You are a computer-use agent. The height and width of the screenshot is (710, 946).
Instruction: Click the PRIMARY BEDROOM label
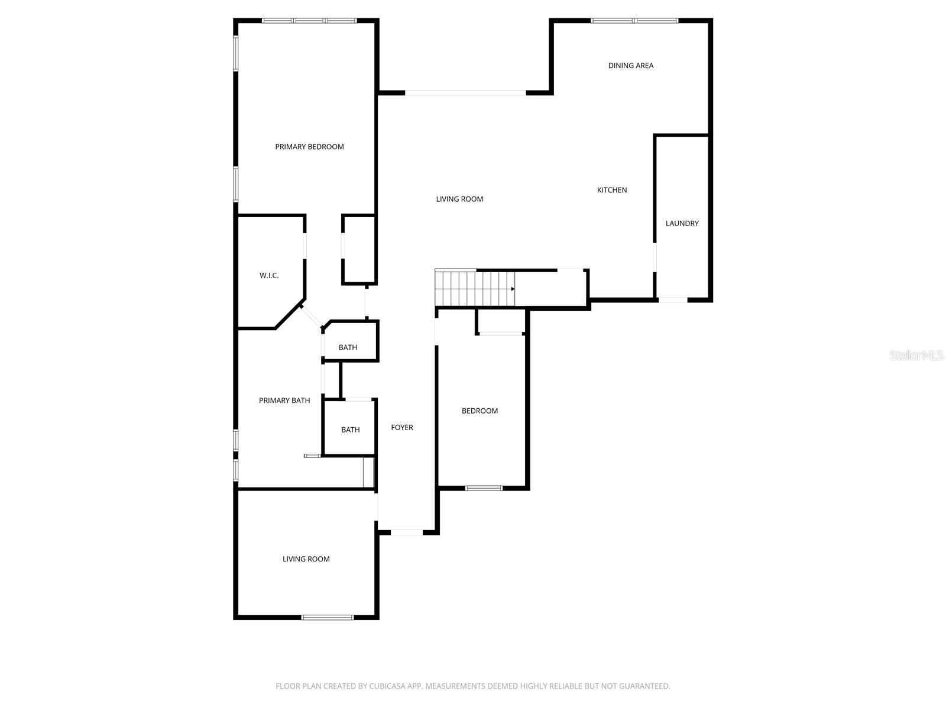pyautogui.click(x=309, y=147)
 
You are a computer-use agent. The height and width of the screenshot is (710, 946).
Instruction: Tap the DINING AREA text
pyautogui.click(x=630, y=66)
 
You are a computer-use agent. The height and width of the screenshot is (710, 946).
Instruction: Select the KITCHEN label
pyautogui.click(x=611, y=190)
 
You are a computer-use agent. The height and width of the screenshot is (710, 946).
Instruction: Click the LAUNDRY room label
pyautogui.click(x=682, y=223)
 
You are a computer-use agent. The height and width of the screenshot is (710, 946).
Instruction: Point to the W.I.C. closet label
pyautogui.click(x=269, y=276)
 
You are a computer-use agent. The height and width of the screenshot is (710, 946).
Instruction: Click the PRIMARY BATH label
pyautogui.click(x=284, y=401)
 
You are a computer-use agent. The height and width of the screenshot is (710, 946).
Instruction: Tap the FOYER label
pyautogui.click(x=402, y=427)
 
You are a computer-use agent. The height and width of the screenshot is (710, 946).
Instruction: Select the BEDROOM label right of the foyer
pyautogui.click(x=480, y=411)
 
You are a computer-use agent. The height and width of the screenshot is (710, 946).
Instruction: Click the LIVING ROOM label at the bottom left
pyautogui.click(x=306, y=559)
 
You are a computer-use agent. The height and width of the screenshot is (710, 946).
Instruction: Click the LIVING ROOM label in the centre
pyautogui.click(x=459, y=199)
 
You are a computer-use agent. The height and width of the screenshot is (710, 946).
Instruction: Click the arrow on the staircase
pyautogui.click(x=513, y=289)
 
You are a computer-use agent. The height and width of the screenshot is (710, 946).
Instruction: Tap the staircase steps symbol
pyautogui.click(x=473, y=288)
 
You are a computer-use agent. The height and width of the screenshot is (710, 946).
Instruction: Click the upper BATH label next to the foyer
pyautogui.click(x=348, y=347)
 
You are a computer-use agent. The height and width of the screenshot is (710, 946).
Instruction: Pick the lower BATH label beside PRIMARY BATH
pyautogui.click(x=350, y=430)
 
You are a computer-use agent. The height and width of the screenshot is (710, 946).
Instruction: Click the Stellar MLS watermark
pyautogui.click(x=916, y=356)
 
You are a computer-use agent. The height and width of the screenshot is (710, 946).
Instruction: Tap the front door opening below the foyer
pyautogui.click(x=407, y=532)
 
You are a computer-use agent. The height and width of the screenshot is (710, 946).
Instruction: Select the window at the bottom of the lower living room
pyautogui.click(x=327, y=618)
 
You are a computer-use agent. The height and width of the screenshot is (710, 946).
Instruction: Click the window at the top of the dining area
pyautogui.click(x=634, y=21)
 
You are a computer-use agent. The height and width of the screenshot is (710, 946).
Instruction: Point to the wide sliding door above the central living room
pyautogui.click(x=465, y=93)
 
